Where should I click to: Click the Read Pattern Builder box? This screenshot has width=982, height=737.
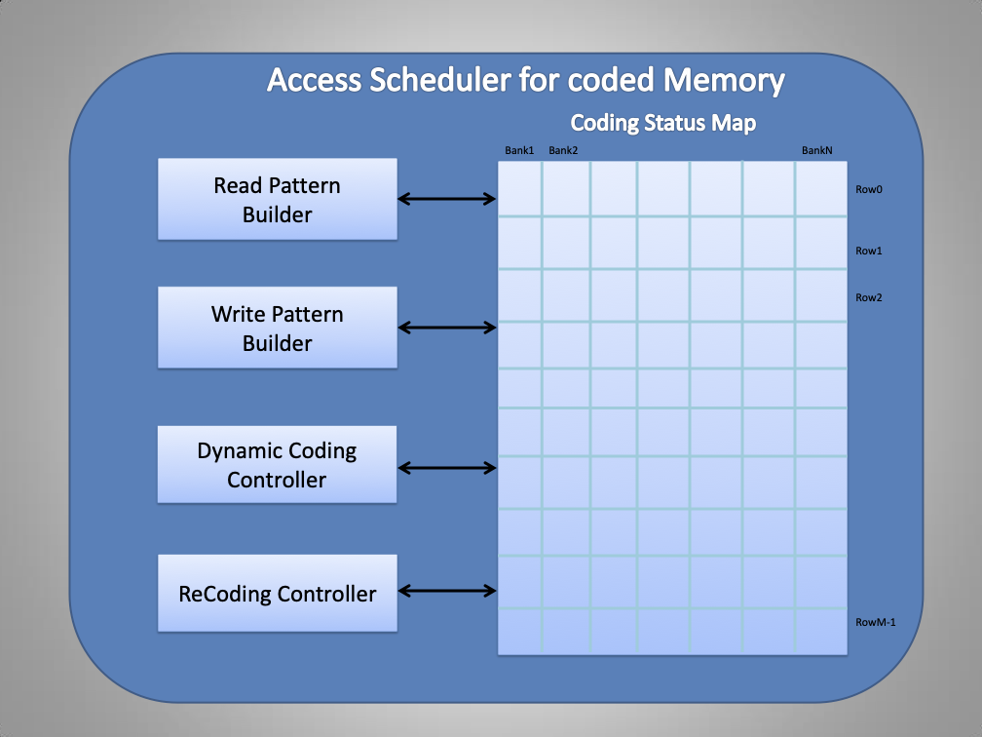[277, 199]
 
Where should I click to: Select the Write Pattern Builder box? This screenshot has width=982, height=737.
[277, 328]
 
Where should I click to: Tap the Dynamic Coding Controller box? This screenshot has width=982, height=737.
[277, 464]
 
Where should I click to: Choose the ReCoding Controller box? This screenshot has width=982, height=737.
[277, 593]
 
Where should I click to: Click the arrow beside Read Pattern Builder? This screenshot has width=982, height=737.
[447, 199]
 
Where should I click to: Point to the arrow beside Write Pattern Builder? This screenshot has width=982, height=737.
[447, 328]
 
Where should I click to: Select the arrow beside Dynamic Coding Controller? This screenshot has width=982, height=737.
[447, 468]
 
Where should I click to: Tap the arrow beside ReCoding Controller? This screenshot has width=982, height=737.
[447, 590]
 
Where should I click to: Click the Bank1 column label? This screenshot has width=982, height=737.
[519, 150]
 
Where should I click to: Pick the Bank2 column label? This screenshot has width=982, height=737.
[563, 150]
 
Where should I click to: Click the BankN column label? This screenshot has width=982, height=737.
[816, 150]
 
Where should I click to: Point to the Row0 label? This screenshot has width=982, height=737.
[868, 190]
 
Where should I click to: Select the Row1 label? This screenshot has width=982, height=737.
[868, 251]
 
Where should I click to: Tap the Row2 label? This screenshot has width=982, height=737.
[868, 297]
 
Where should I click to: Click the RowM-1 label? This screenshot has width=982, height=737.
[875, 622]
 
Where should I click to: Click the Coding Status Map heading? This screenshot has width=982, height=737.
[662, 123]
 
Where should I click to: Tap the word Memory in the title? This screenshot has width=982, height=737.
[725, 80]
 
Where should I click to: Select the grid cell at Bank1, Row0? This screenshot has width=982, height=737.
[519, 188]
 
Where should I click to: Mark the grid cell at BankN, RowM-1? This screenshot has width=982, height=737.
[820, 632]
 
